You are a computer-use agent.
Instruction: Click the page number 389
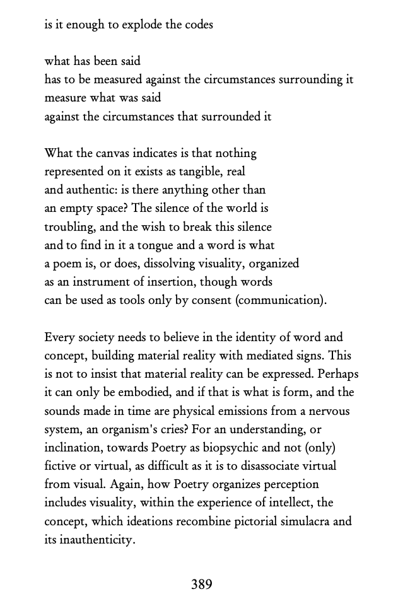[201, 584]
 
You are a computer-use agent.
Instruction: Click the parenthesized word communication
[280, 299]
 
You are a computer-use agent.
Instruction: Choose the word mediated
[270, 356]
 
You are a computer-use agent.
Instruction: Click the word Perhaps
[332, 374]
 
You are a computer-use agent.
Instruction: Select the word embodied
[143, 392]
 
